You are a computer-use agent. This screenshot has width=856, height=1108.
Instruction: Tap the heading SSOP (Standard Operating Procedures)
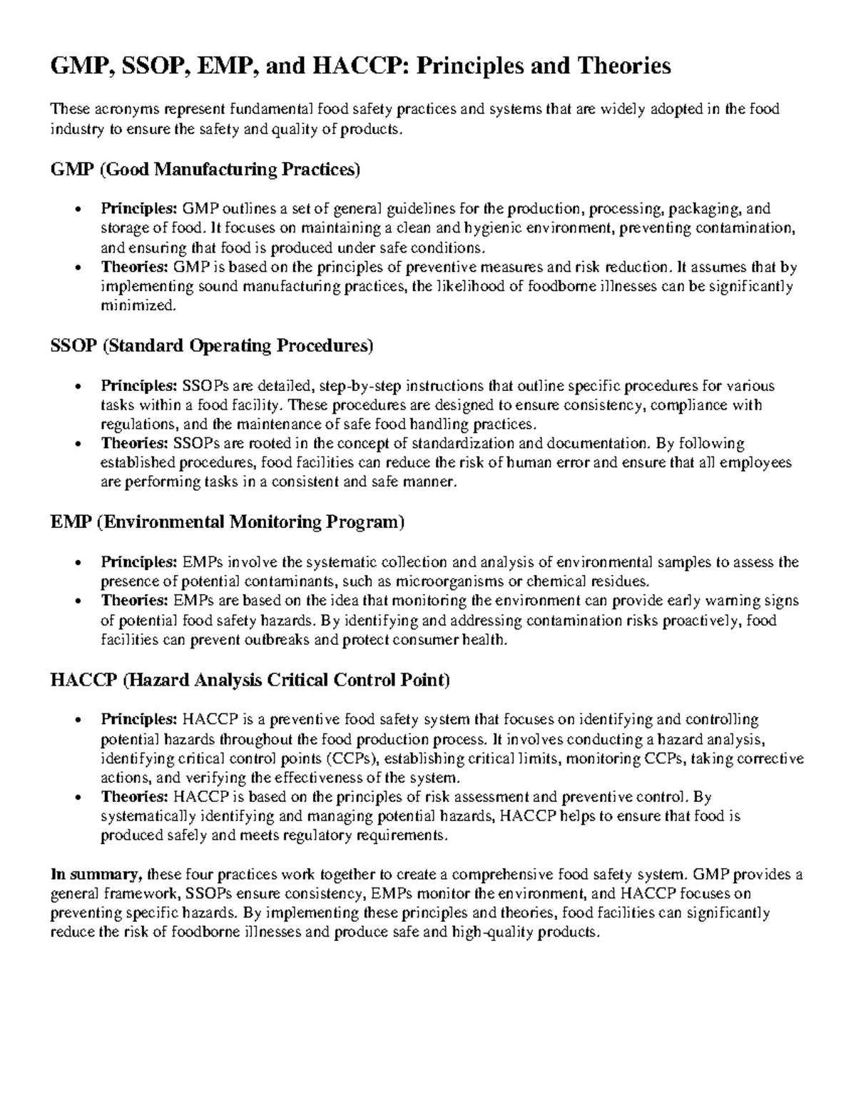click(212, 346)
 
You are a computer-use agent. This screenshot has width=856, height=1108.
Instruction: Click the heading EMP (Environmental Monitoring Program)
click(228, 522)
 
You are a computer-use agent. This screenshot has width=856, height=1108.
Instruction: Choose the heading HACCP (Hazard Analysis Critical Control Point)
click(250, 681)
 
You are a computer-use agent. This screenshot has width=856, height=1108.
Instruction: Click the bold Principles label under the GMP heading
click(138, 209)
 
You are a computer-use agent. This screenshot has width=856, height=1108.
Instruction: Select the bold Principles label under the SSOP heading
click(138, 386)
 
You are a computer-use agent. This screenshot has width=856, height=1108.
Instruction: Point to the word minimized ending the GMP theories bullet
click(137, 306)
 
